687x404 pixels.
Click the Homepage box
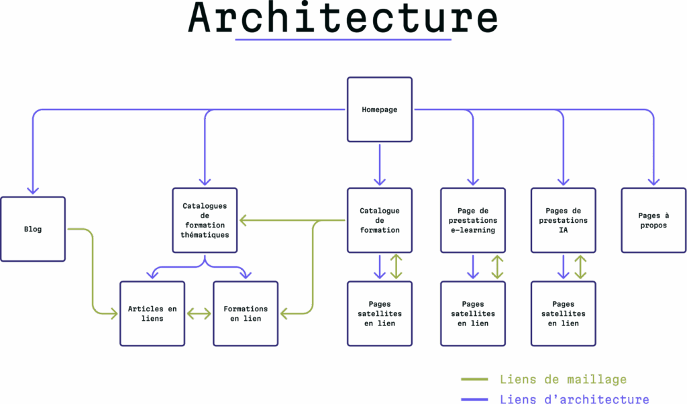pyautogui.click(x=379, y=109)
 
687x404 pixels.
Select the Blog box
pyautogui.click(x=33, y=229)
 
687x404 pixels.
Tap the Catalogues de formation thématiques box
pyautogui.click(x=205, y=220)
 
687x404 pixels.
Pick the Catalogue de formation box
pyautogui.click(x=379, y=220)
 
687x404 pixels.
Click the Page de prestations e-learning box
pyautogui.click(x=472, y=220)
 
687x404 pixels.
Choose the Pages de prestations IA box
pyautogui.click(x=563, y=220)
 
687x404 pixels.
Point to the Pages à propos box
pyautogui.click(x=653, y=220)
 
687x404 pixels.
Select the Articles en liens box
pyautogui.click(x=152, y=313)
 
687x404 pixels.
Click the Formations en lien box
pyautogui.click(x=245, y=313)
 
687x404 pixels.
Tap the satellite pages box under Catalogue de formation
pyautogui.click(x=379, y=313)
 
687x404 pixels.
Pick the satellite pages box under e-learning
pyautogui.click(x=472, y=313)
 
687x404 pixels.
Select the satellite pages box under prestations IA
pyautogui.click(x=563, y=313)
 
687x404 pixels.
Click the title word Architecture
pyautogui.click(x=343, y=19)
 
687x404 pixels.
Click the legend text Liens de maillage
pyautogui.click(x=563, y=380)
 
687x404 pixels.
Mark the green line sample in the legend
pyautogui.click(x=474, y=381)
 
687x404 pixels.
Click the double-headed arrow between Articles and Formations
pyautogui.click(x=199, y=313)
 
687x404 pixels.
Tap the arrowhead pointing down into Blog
pyautogui.click(x=33, y=190)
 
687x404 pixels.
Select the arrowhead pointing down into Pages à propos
pyautogui.click(x=653, y=181)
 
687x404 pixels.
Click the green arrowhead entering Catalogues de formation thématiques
pyautogui.click(x=244, y=220)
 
